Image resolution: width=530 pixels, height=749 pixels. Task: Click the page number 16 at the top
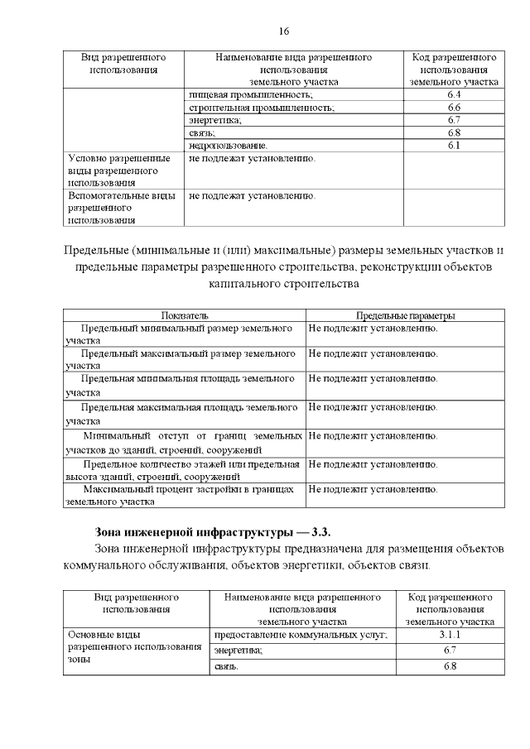tap(284, 31)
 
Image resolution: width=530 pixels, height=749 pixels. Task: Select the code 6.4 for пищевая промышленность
tap(453, 95)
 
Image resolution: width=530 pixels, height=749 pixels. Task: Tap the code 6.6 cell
tap(453, 108)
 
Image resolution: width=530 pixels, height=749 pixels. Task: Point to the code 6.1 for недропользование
tap(453, 145)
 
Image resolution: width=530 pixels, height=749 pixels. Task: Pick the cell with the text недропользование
tap(229, 145)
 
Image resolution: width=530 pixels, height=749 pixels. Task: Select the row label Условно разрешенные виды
tap(119, 170)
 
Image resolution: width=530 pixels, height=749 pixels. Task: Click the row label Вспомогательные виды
tap(119, 208)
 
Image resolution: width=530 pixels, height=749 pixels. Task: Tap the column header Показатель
tap(185, 315)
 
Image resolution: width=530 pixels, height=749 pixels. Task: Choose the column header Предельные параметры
tap(405, 315)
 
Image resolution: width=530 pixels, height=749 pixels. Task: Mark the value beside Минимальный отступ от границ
tap(373, 435)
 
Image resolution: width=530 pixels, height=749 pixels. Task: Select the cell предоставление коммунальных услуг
tap(301, 634)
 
